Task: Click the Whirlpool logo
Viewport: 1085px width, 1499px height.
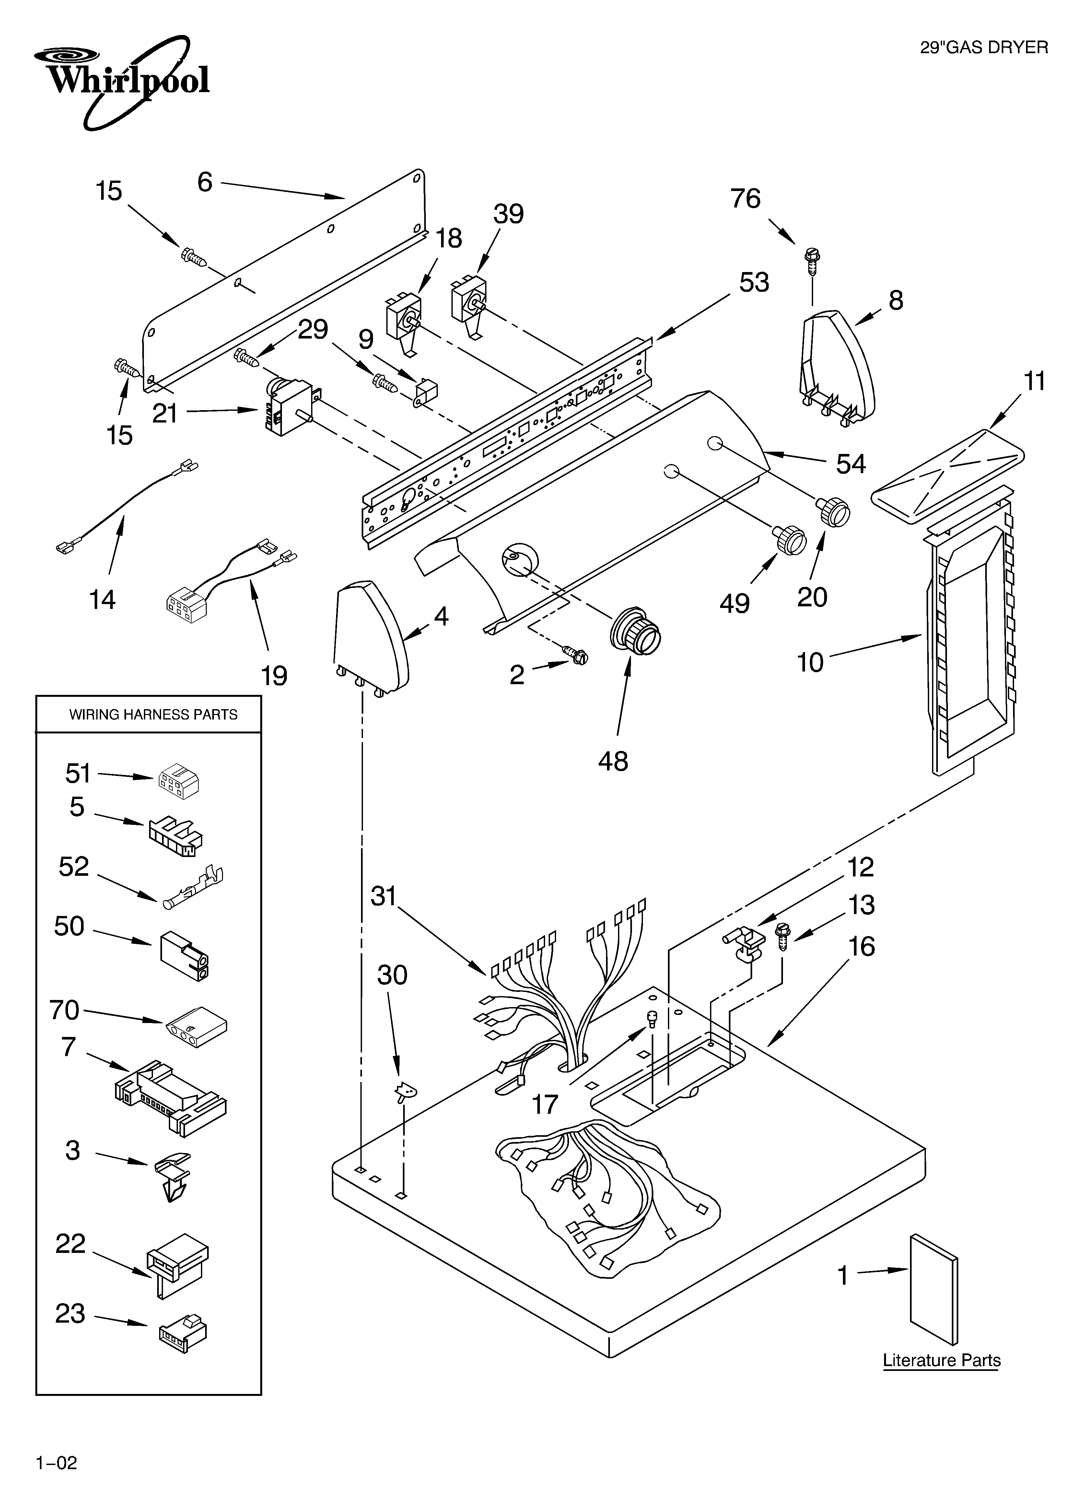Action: coord(122,78)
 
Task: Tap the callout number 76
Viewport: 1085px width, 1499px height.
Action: coord(745,198)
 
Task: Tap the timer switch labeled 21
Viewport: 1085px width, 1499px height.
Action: coord(289,407)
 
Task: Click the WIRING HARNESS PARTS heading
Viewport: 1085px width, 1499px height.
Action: coord(153,714)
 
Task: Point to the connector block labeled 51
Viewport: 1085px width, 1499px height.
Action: coord(179,780)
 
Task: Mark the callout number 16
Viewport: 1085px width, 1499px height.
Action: coord(861,946)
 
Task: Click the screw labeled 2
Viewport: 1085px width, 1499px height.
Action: coord(575,655)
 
